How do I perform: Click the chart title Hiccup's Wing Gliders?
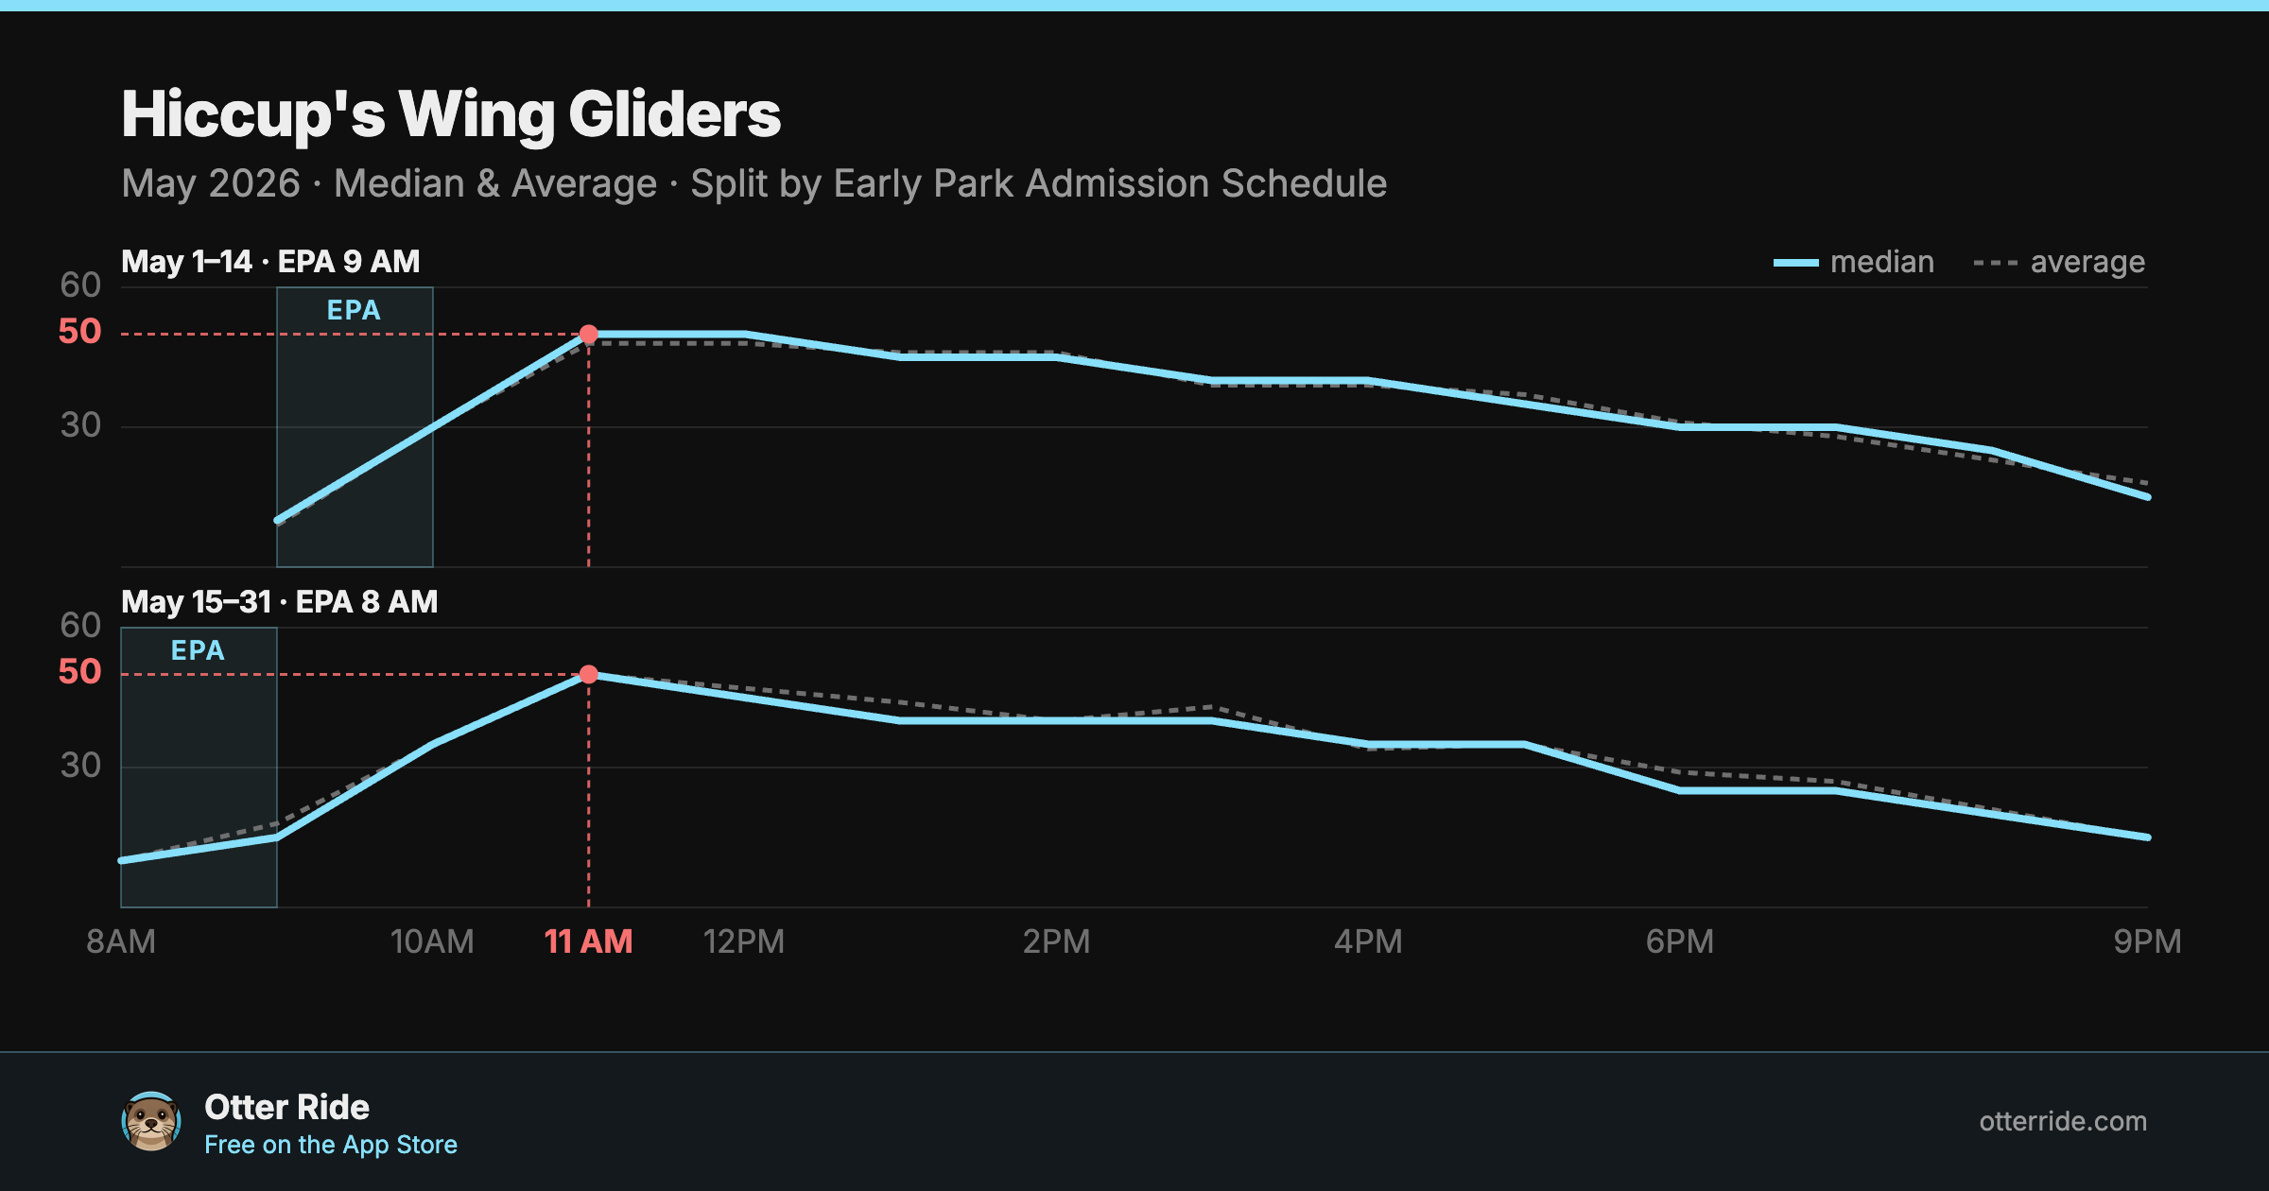(451, 115)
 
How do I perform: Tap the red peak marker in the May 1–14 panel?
(588, 335)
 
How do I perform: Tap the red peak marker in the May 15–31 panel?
(588, 674)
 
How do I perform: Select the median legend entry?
(1853, 262)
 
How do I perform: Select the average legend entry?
(2059, 262)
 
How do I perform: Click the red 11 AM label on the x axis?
(588, 941)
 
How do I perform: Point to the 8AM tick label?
(121, 941)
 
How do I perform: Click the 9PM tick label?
(2147, 941)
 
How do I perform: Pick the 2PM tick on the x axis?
(1056, 941)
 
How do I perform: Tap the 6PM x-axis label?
(1679, 941)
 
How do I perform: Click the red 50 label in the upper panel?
(79, 332)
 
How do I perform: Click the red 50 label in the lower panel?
(79, 672)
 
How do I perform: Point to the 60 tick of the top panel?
(80, 285)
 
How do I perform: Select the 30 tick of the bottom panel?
(80, 765)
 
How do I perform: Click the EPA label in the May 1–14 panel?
(354, 310)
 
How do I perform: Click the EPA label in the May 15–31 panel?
(198, 650)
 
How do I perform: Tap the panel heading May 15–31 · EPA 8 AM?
(280, 602)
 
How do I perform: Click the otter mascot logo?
(151, 1121)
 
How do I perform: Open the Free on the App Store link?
(331, 1145)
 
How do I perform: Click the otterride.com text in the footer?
(2063, 1121)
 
